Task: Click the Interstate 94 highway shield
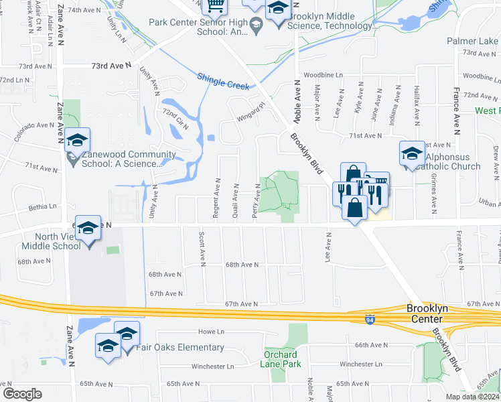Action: pyautogui.click(x=370, y=320)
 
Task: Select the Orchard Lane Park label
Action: pyautogui.click(x=281, y=359)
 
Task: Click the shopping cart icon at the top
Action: pyautogui.click(x=215, y=7)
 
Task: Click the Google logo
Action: pyautogui.click(x=22, y=393)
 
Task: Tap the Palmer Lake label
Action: pyautogui.click(x=474, y=42)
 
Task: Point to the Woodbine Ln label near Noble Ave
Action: pyautogui.click(x=323, y=75)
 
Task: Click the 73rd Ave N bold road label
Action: pyautogui.click(x=111, y=66)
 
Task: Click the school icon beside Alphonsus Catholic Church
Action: pyautogui.click(x=412, y=153)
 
